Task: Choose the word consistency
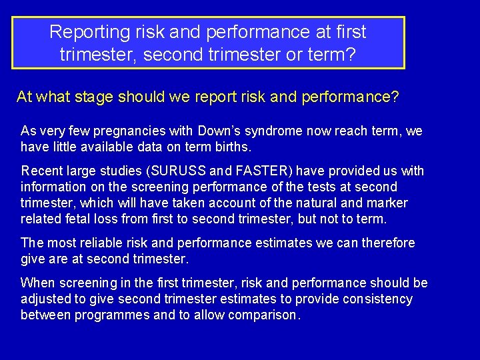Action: tap(377, 299)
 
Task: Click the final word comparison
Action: tap(267, 315)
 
